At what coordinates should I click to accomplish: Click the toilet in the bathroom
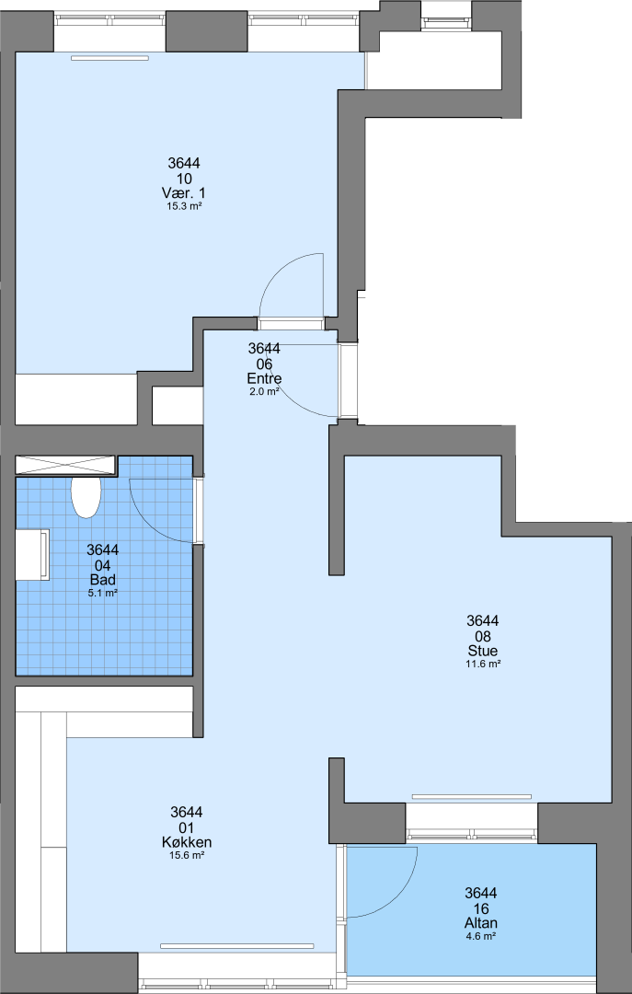coord(86,497)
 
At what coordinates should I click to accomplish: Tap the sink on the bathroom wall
coord(33,555)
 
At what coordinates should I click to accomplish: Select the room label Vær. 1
coord(185,193)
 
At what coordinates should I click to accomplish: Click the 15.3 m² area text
coord(185,206)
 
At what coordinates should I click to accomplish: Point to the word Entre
coord(264,379)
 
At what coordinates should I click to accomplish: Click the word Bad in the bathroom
coord(103,581)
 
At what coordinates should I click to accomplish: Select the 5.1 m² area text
coord(103,594)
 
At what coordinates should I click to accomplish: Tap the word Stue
coord(483,651)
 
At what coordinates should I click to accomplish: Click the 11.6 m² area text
coord(483,664)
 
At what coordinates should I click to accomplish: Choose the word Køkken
coord(187,842)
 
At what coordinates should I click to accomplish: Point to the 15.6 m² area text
coord(187,855)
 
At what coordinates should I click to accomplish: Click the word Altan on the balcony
coord(481,924)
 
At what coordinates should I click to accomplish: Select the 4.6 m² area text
coord(481,936)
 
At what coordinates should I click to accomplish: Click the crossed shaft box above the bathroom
coord(66,465)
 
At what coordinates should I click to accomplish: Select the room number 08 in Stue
coord(483,636)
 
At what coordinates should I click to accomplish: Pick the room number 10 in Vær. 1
coord(185,179)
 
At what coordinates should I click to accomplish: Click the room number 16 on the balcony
coord(481,908)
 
